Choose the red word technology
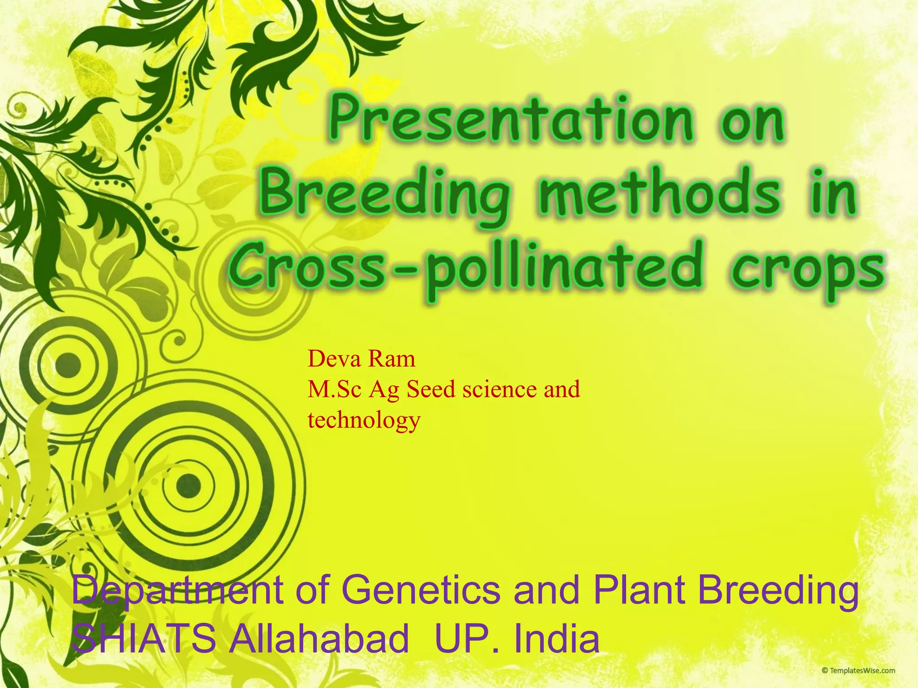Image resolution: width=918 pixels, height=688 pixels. [364, 420]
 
